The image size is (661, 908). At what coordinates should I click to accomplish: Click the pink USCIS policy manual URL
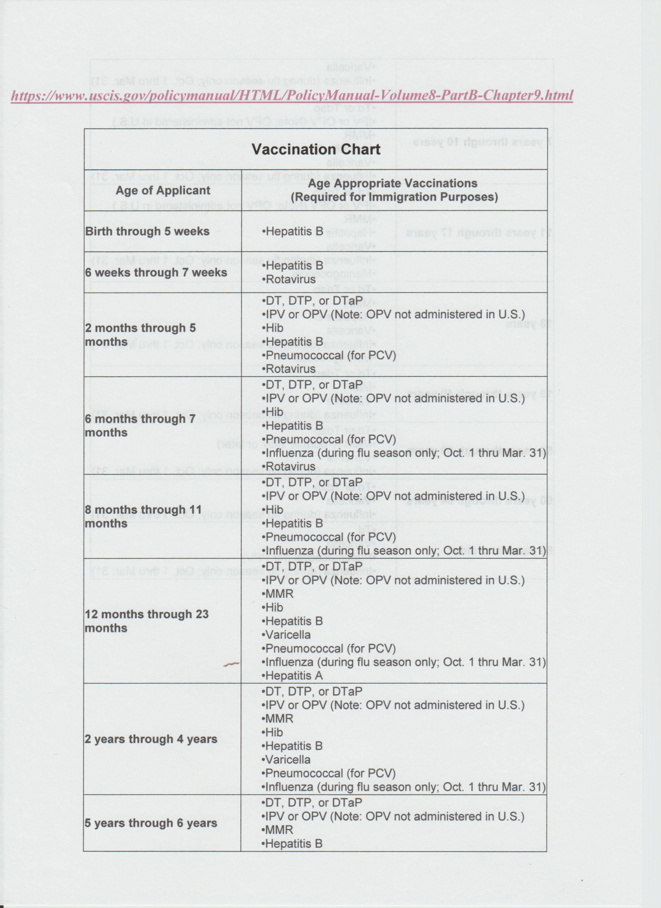pos(292,96)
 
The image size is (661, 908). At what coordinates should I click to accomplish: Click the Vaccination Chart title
pos(316,150)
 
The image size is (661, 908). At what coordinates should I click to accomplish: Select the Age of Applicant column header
pos(163,190)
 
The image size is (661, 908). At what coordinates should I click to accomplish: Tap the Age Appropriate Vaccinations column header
pos(394,190)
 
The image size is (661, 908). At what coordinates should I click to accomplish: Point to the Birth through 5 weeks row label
pos(147,231)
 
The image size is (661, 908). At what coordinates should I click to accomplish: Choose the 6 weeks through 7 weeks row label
pos(156,272)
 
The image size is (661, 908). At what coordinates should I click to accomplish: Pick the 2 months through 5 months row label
pos(140,335)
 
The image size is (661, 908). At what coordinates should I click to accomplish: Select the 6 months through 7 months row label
pos(140,426)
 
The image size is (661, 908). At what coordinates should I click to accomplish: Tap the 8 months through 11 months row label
pos(143,517)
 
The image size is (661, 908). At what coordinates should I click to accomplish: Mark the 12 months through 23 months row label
pos(146,621)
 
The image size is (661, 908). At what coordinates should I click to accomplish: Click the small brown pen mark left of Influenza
pos(231,664)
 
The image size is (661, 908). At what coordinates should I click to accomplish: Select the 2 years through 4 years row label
pos(151,739)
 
